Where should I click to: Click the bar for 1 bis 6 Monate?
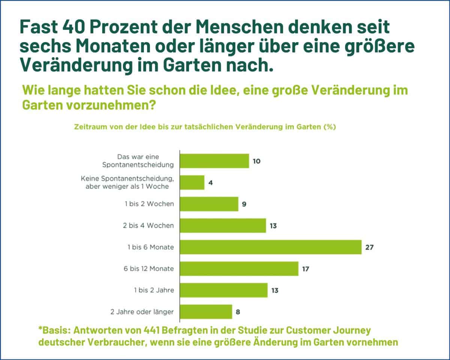[x=271, y=247]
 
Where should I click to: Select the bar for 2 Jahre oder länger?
[x=206, y=312]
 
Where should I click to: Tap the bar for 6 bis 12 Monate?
[x=239, y=269]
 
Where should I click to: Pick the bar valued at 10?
[x=214, y=161]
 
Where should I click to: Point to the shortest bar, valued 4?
[x=192, y=182]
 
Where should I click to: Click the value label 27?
[x=370, y=247]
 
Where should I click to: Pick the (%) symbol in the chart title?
[x=329, y=127]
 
